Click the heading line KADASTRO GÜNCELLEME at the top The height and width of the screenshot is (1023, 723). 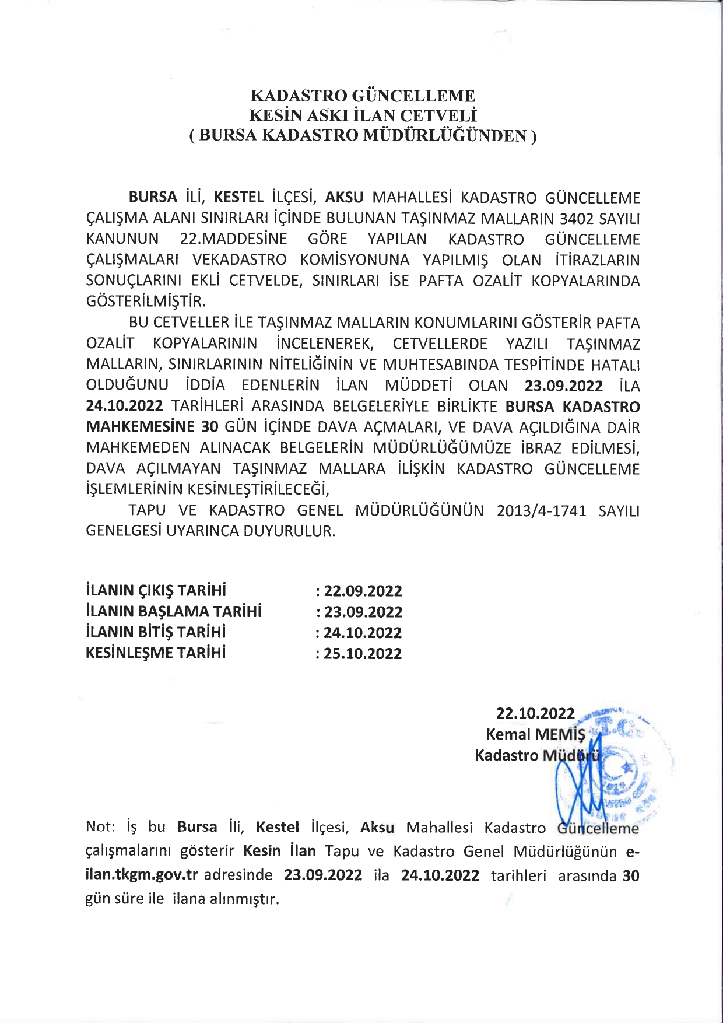pos(362,96)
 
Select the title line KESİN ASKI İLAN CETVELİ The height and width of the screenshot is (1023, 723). pos(362,115)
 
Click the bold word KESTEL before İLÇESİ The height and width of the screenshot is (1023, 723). pos(239,198)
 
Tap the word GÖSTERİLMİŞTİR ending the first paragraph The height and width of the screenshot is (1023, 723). pos(146,302)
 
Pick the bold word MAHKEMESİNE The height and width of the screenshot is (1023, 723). pos(140,427)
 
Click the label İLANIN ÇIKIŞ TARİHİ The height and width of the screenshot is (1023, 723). pos(156,590)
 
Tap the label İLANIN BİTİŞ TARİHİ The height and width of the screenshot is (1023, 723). pos(156,632)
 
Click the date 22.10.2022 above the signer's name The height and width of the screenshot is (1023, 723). pos(535,713)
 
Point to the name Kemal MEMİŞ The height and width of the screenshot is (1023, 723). pos(535,734)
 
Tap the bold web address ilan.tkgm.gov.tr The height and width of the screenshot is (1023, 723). pos(142,875)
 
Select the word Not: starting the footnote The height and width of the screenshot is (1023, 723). pos(101,828)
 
